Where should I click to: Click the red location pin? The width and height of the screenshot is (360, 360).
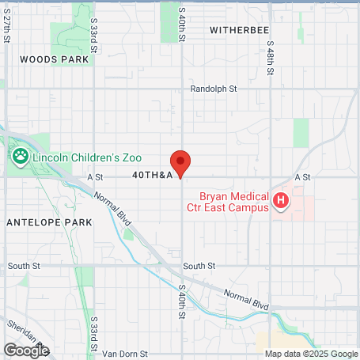181,162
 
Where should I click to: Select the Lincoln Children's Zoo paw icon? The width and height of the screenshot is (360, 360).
20,157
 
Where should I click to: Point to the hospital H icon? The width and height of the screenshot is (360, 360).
280,201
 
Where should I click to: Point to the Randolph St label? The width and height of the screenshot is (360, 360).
214,89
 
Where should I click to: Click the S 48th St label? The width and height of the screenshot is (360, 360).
270,59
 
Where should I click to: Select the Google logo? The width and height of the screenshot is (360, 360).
26,349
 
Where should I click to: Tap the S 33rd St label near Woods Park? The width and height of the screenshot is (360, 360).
94,36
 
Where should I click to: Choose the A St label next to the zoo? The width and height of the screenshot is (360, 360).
96,177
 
